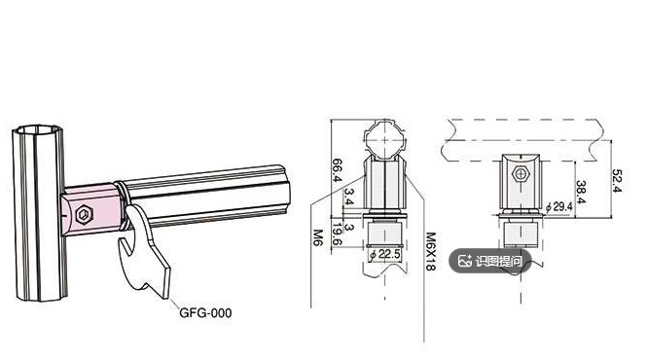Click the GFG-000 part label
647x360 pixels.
point(205,312)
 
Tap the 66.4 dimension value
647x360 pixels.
point(338,169)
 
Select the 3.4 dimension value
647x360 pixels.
point(349,197)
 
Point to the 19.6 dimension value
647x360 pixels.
point(337,234)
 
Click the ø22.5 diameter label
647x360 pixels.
point(385,254)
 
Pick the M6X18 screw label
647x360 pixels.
point(430,251)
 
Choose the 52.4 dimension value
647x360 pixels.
point(617,180)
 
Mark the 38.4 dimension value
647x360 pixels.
point(581,192)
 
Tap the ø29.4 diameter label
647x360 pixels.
point(558,206)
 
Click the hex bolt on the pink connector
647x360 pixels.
point(85,215)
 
